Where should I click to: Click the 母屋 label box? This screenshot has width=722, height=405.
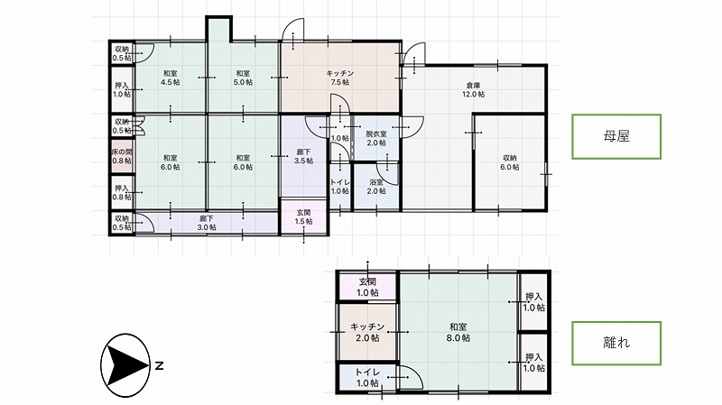click(x=616, y=137)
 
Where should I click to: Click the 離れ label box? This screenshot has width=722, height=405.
click(x=616, y=343)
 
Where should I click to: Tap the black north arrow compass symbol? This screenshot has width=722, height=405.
click(x=125, y=365)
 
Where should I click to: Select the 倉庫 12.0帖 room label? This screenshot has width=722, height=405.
click(x=473, y=89)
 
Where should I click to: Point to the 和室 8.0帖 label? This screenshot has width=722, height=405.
click(x=458, y=332)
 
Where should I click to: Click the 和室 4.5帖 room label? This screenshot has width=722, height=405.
click(x=171, y=78)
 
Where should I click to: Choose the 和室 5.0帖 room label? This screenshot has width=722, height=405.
click(x=243, y=78)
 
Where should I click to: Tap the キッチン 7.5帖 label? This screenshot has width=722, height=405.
click(x=340, y=78)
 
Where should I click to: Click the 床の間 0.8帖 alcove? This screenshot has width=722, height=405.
click(x=122, y=156)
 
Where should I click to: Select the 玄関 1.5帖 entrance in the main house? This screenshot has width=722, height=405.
click(x=304, y=216)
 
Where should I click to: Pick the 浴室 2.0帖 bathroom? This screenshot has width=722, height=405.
click(x=375, y=187)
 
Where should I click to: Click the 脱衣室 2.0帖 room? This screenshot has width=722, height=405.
click(x=375, y=138)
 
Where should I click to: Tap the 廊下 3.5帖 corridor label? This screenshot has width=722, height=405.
click(x=304, y=156)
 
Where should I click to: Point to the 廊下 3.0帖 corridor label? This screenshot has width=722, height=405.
click(x=207, y=223)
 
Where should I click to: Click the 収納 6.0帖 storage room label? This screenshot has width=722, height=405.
click(x=510, y=162)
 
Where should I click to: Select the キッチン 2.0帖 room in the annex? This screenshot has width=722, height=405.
click(x=367, y=332)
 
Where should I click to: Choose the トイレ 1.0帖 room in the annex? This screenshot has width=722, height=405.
click(x=367, y=377)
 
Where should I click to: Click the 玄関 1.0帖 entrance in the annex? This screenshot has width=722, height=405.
click(x=367, y=287)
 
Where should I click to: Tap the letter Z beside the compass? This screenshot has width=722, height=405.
click(x=159, y=366)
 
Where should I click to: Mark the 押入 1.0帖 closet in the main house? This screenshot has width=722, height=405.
click(x=122, y=89)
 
